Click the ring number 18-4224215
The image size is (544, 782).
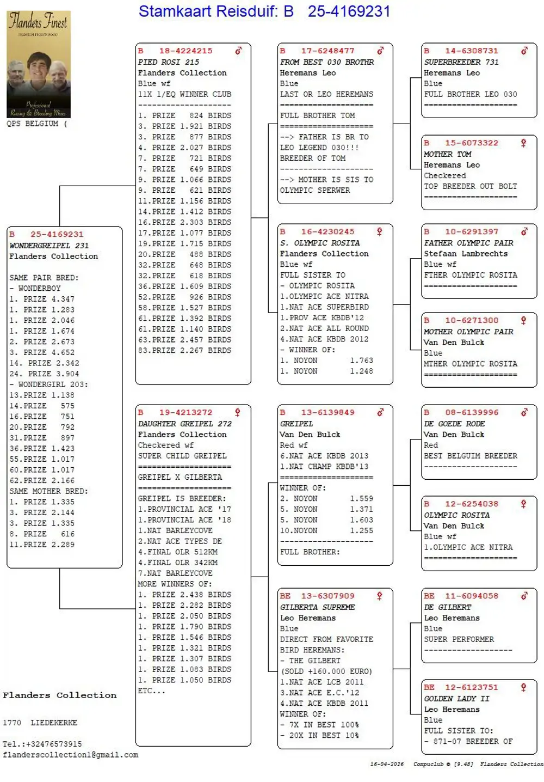tap(186, 51)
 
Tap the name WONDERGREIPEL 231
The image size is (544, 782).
tap(49, 246)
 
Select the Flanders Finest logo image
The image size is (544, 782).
tap(39, 64)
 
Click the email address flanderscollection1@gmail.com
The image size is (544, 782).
tap(71, 755)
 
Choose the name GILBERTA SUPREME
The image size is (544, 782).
tap(317, 607)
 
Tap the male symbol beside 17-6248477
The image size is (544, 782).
tap(380, 51)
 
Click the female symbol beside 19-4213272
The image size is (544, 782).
tap(238, 412)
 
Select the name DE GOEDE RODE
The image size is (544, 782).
tap(454, 424)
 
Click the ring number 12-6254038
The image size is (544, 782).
tap(472, 504)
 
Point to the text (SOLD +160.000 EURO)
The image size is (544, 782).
tap(326, 671)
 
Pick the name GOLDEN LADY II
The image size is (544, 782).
tap(456, 699)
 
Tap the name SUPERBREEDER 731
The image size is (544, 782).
tap(461, 62)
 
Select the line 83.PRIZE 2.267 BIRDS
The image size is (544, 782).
tap(184, 350)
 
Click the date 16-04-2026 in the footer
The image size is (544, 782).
tap(387, 764)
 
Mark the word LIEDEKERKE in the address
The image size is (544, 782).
tap(54, 723)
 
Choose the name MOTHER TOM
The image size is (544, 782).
tap(447, 154)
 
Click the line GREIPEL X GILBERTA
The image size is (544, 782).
tap(180, 477)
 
